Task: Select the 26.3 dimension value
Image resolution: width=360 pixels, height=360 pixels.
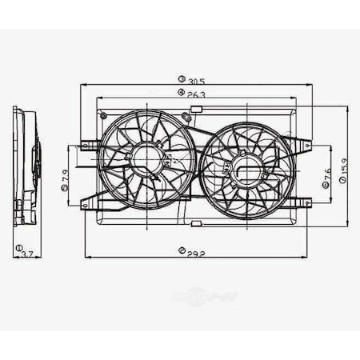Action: tap(196, 95)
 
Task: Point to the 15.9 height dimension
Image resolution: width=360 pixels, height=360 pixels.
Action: tap(343, 170)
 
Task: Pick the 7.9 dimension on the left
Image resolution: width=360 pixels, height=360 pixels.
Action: tap(63, 176)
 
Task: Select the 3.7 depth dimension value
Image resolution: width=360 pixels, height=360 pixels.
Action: tap(27, 254)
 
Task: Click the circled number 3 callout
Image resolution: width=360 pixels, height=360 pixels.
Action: tap(182, 80)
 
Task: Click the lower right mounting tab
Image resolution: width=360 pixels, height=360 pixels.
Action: tap(306, 203)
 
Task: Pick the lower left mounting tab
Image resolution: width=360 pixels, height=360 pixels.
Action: tap(84, 205)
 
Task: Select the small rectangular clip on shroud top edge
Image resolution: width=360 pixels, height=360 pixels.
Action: tap(196, 106)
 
